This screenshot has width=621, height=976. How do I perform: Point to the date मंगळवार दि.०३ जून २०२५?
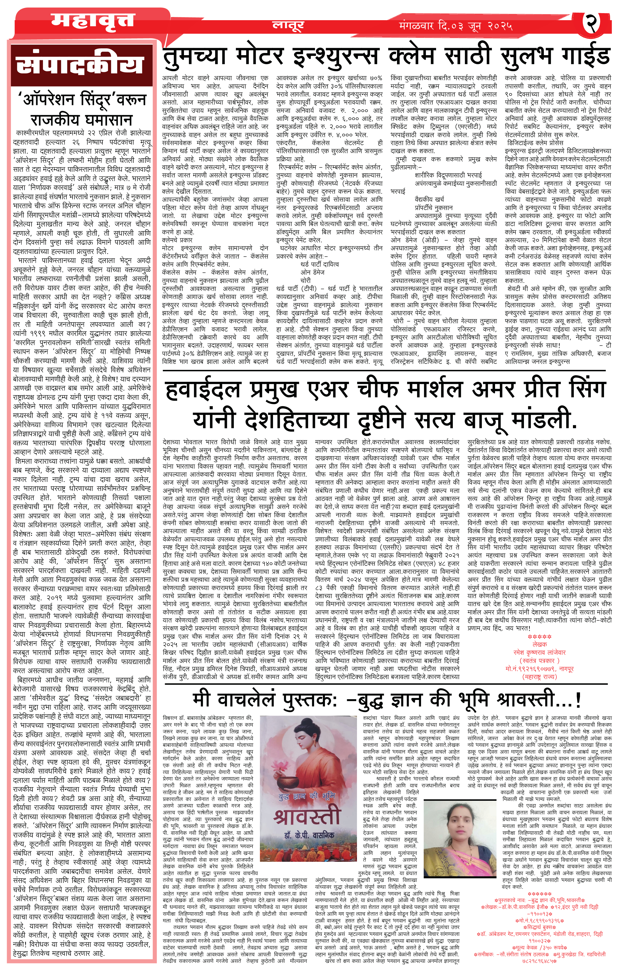coord(455,26)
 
